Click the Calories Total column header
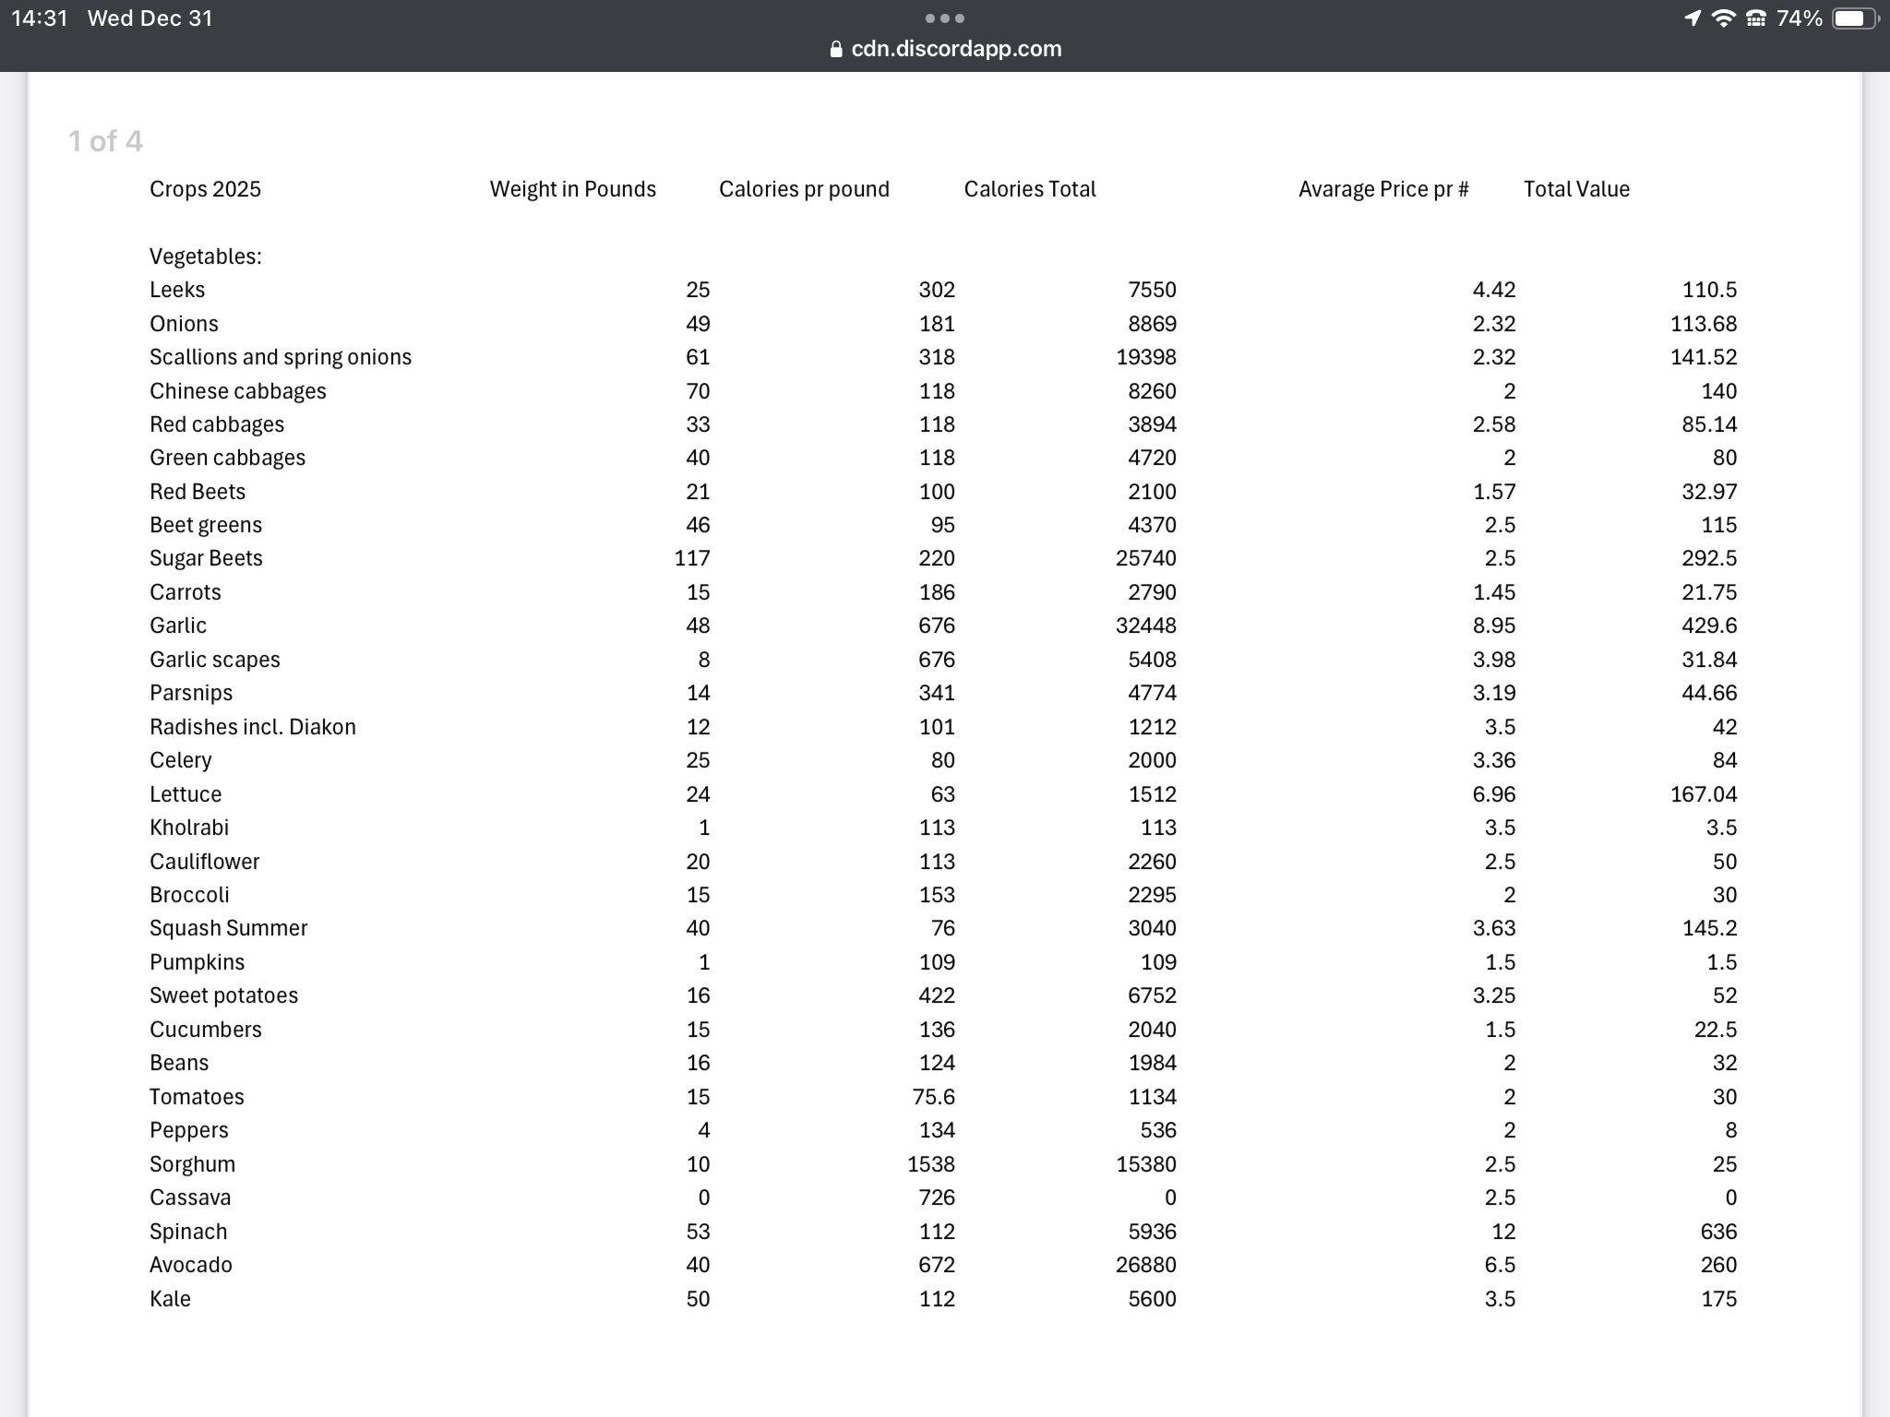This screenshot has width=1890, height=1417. point(1029,189)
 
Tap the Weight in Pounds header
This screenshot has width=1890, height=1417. point(572,189)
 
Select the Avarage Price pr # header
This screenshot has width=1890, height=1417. point(1382,189)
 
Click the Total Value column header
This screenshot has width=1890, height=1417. point(1575,189)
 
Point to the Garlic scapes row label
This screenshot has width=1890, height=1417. point(214,660)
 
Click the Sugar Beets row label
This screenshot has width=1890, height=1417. point(206,558)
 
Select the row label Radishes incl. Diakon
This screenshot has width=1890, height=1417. point(252,727)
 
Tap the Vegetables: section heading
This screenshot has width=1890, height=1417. point(205,256)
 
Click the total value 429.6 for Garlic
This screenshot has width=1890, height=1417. point(1708,625)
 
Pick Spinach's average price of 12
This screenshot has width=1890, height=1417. point(1502,1232)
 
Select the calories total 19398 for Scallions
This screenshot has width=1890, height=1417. point(1145,357)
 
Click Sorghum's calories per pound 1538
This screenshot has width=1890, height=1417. point(930,1164)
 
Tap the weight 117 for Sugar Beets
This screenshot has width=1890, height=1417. point(691,558)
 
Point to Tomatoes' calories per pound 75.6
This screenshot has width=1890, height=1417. point(933,1097)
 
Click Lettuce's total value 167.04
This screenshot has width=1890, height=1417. point(1703,794)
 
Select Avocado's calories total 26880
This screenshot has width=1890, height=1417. point(1145,1265)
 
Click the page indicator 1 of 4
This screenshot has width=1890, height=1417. point(105,141)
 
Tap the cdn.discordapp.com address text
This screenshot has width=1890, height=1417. point(955,49)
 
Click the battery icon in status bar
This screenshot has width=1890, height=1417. point(1853,18)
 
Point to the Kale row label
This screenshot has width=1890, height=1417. point(170,1299)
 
